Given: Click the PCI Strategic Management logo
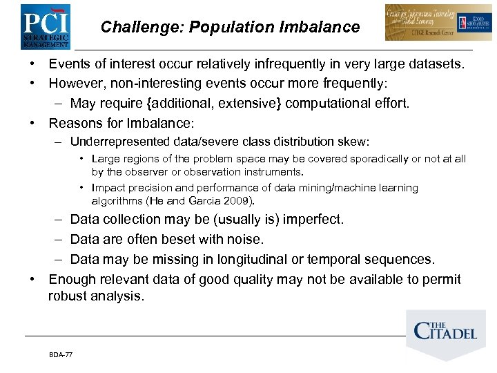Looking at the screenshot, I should (x=45, y=26).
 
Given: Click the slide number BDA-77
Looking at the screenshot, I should (x=61, y=354).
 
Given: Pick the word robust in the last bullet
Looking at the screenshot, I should (x=67, y=296).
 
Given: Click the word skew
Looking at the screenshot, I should (x=354, y=142).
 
